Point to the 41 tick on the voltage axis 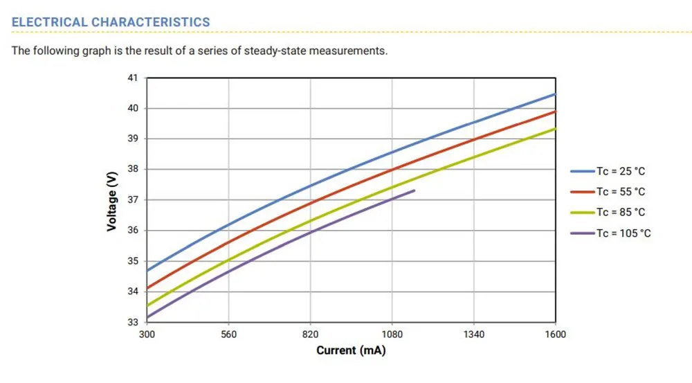tap(134, 78)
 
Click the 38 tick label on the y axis tap(134, 170)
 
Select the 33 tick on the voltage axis tap(134, 322)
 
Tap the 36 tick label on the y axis tap(134, 231)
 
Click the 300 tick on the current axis tap(147, 335)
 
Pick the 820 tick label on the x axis tap(310, 335)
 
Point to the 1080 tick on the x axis tap(392, 335)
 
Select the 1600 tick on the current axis tap(555, 335)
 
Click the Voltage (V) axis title tap(112, 200)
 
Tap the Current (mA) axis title tap(351, 350)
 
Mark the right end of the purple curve tap(415, 190)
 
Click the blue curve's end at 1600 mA tap(555, 93)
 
